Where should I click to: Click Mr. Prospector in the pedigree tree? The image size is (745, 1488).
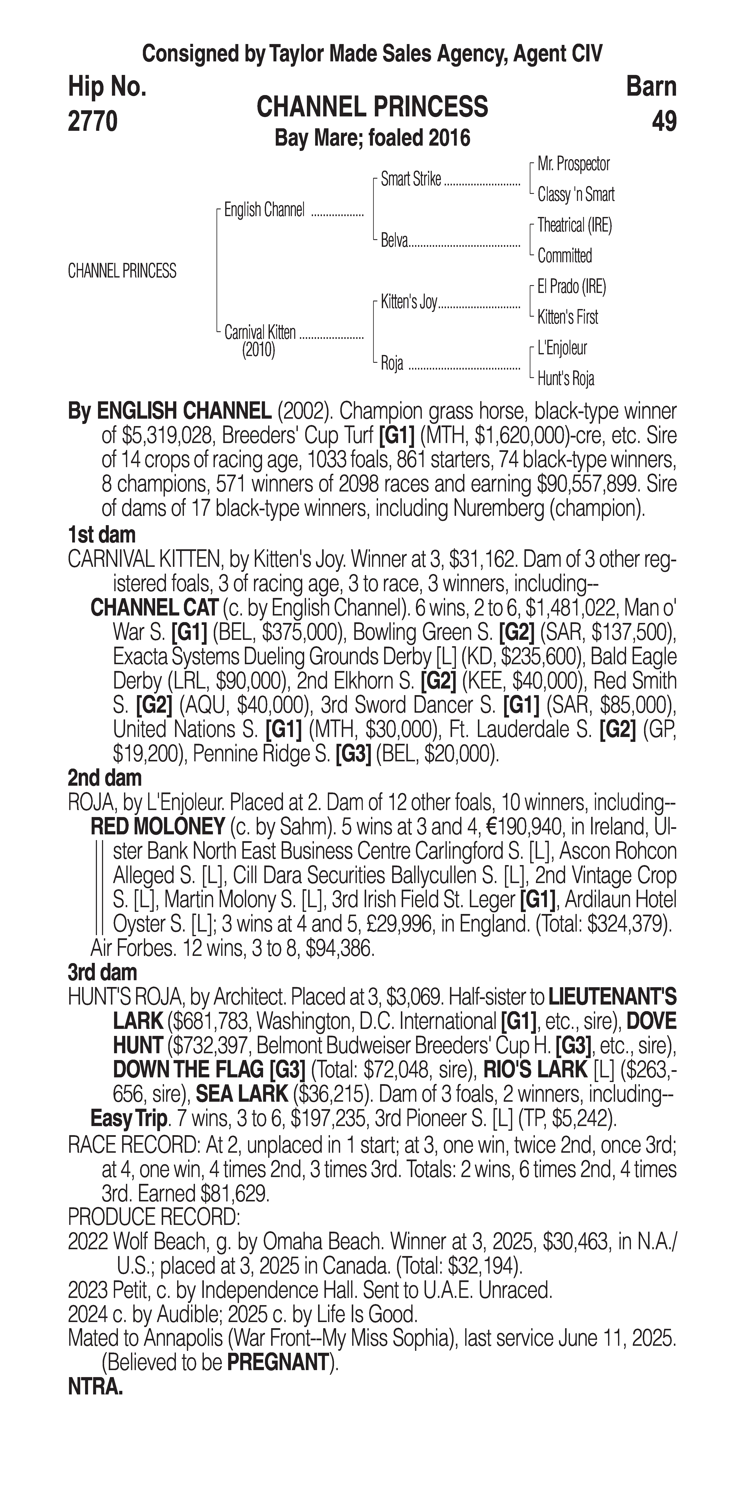(574, 164)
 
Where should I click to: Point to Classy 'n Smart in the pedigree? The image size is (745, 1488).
(576, 195)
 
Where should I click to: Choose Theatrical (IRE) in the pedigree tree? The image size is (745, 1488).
(575, 225)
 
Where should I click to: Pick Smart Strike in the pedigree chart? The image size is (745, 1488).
(411, 180)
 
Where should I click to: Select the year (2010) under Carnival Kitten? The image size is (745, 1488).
(258, 350)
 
